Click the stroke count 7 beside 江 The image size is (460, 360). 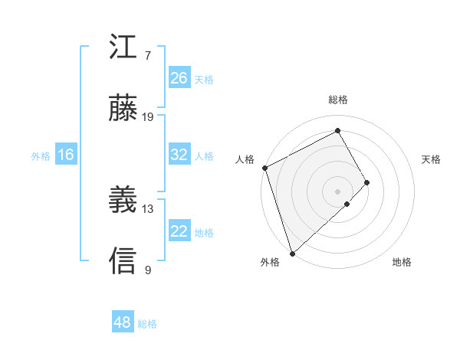pos(148,56)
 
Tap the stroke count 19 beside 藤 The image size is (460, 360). pos(148,116)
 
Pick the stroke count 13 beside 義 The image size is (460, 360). pos(148,208)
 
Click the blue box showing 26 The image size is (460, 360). pos(179,78)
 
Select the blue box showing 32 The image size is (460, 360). pos(179,155)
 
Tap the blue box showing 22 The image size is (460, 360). pos(179,231)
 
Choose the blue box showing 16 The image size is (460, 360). pos(66,155)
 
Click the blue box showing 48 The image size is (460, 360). pos(123,322)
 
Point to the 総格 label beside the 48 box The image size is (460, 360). pos(147,324)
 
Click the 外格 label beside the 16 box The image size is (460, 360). pos(41,156)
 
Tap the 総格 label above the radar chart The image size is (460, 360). pos(337,100)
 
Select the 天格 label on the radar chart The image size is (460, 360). pos(432,159)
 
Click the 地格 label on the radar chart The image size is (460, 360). pos(402,263)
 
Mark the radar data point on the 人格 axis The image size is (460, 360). pos(264,168)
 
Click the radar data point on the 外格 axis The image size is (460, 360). pos(292,253)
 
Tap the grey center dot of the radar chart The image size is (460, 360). pos(337,191)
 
